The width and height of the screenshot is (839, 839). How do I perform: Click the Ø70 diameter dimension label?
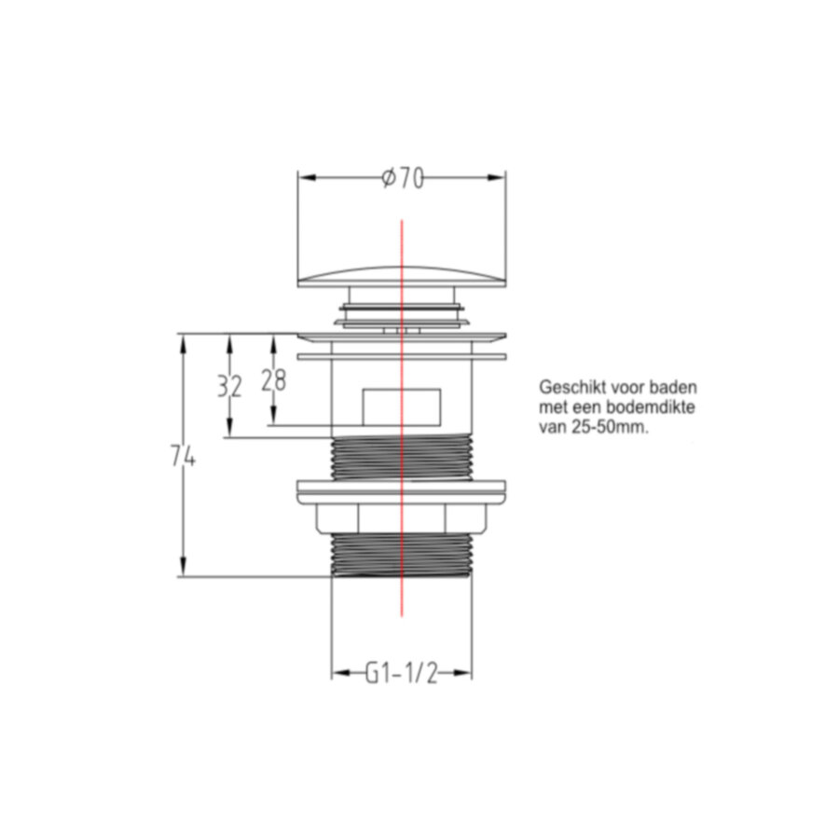point(402,178)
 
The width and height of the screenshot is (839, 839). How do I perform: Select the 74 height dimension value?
point(183,457)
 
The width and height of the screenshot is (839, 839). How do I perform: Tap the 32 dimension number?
point(229,386)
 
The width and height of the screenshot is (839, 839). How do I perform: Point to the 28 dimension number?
point(273,380)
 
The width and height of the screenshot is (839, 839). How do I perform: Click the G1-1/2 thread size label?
point(401,672)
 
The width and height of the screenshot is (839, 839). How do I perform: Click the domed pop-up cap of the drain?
point(401,277)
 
